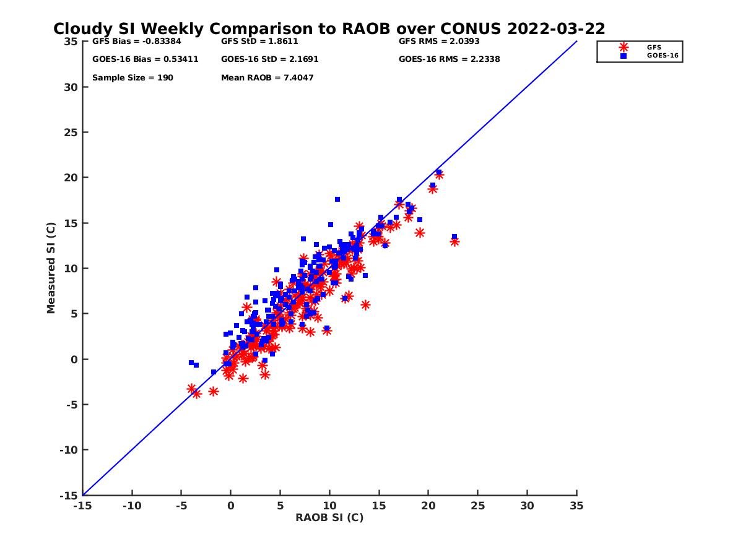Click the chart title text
[x=329, y=29]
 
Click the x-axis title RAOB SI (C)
[x=329, y=517]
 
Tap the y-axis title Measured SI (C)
[x=51, y=268]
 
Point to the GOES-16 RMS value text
[x=449, y=59]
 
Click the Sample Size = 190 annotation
[x=133, y=78]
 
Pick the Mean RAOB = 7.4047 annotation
[x=267, y=78]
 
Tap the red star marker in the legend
[x=624, y=47]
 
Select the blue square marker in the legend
[x=624, y=56]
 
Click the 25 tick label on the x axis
[x=477, y=506]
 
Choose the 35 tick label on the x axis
[x=576, y=506]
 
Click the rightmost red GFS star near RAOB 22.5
[x=454, y=241]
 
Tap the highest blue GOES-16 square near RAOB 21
[x=438, y=172]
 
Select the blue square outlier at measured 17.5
[x=337, y=199]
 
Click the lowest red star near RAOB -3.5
[x=197, y=394]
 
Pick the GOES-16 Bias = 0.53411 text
[x=145, y=59]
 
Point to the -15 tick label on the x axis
[x=82, y=506]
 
